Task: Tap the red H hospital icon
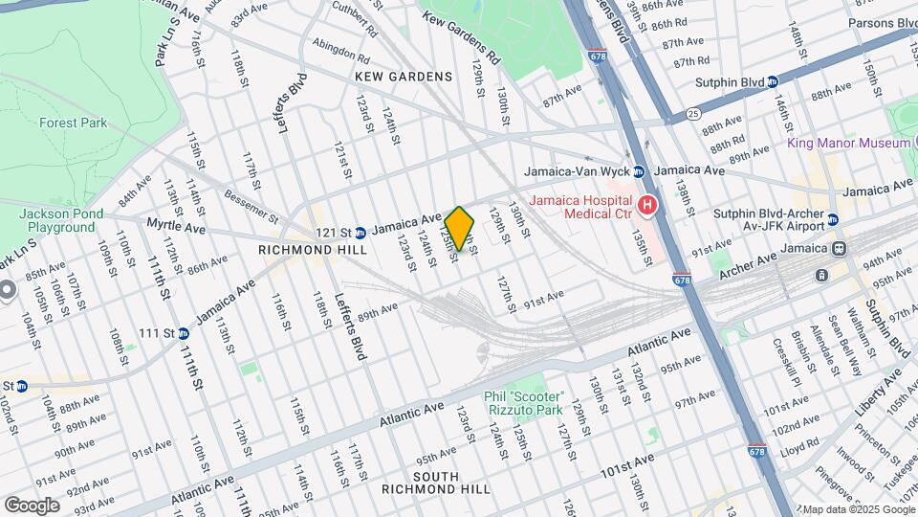pyautogui.click(x=647, y=205)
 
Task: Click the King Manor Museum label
pyautogui.click(x=848, y=143)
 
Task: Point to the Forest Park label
pyautogui.click(x=73, y=123)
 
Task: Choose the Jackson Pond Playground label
pyautogui.click(x=57, y=220)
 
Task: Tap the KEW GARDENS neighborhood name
pyautogui.click(x=403, y=77)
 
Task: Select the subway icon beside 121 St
pyautogui.click(x=361, y=232)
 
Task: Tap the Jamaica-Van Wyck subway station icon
pyautogui.click(x=639, y=171)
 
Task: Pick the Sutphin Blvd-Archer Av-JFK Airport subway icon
pyautogui.click(x=832, y=219)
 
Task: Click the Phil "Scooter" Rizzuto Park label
pyautogui.click(x=525, y=403)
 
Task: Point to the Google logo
pyautogui.click(x=32, y=505)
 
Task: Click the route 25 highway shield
pyautogui.click(x=692, y=114)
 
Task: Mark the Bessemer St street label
pyautogui.click(x=251, y=203)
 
